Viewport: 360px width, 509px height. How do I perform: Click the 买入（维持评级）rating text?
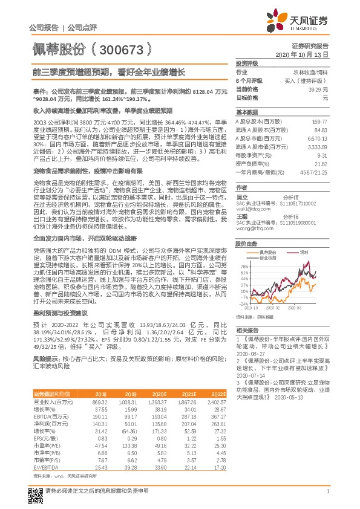(307, 80)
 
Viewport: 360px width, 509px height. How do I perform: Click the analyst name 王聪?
(242, 216)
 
